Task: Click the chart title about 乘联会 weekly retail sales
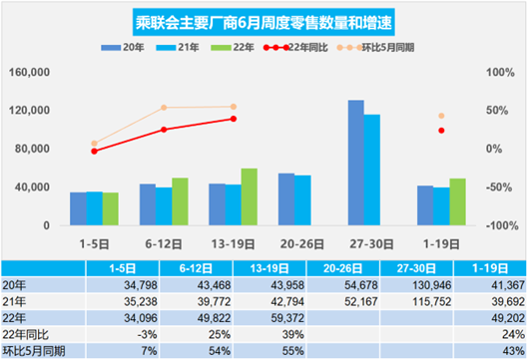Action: click(x=264, y=21)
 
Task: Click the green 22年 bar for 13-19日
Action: click(x=249, y=196)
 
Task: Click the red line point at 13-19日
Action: click(x=234, y=119)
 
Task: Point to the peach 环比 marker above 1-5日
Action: click(x=95, y=144)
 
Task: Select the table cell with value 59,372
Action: click(x=233, y=318)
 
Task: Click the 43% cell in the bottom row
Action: click(x=484, y=351)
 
